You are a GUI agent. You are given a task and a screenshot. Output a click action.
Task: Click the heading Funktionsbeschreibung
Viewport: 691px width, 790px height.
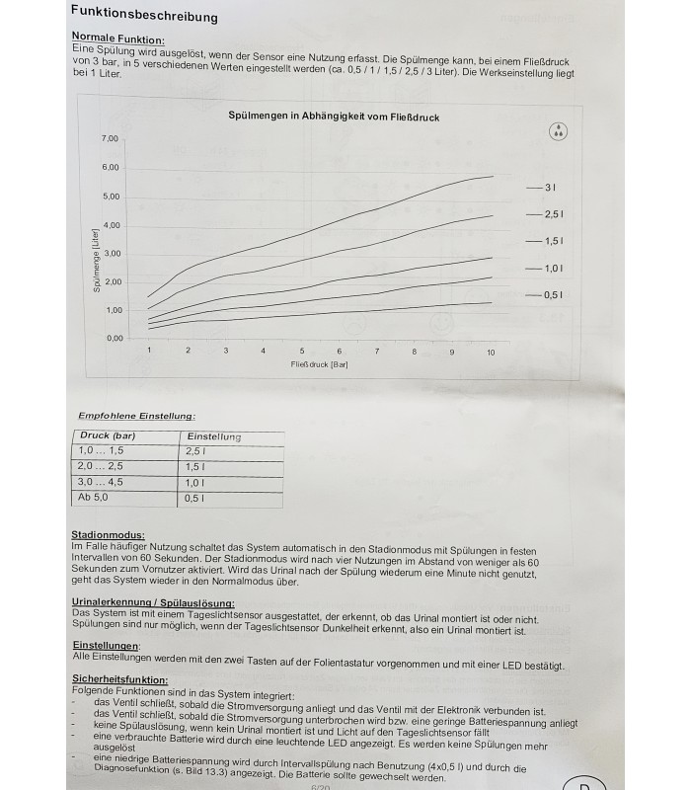[144, 16]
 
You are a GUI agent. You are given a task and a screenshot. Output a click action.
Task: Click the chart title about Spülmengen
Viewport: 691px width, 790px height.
[334, 117]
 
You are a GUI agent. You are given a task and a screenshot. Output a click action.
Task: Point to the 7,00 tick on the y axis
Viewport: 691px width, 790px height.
[110, 138]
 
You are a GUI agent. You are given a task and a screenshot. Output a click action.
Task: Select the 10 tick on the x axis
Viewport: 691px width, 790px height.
[491, 353]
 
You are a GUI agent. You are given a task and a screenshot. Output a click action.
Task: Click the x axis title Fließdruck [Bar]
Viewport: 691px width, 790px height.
[320, 365]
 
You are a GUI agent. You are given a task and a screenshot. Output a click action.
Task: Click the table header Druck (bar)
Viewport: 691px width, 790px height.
[108, 435]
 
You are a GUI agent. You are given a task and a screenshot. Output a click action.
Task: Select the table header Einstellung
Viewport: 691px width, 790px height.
[213, 436]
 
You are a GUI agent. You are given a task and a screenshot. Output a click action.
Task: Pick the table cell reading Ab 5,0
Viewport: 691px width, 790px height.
[95, 499]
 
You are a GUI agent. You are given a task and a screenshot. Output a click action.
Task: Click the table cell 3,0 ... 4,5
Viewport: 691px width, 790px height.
[102, 483]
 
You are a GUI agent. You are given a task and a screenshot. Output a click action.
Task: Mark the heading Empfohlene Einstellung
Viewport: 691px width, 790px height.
[136, 416]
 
